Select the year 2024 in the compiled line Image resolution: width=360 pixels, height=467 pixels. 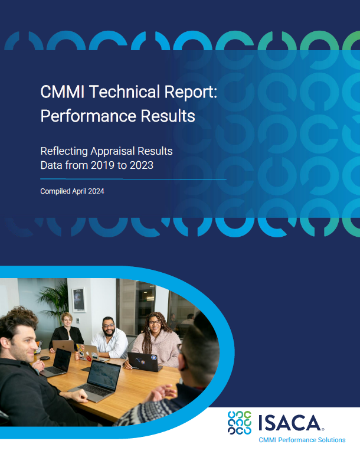coord(96,191)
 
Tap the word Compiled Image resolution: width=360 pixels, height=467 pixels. coord(54,191)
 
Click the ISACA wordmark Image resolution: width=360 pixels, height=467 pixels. coord(289,423)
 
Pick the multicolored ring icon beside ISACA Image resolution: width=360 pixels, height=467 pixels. coord(240,423)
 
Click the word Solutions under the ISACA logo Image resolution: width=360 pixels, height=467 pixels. coord(330,440)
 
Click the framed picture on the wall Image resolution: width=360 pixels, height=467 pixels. coord(78,299)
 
